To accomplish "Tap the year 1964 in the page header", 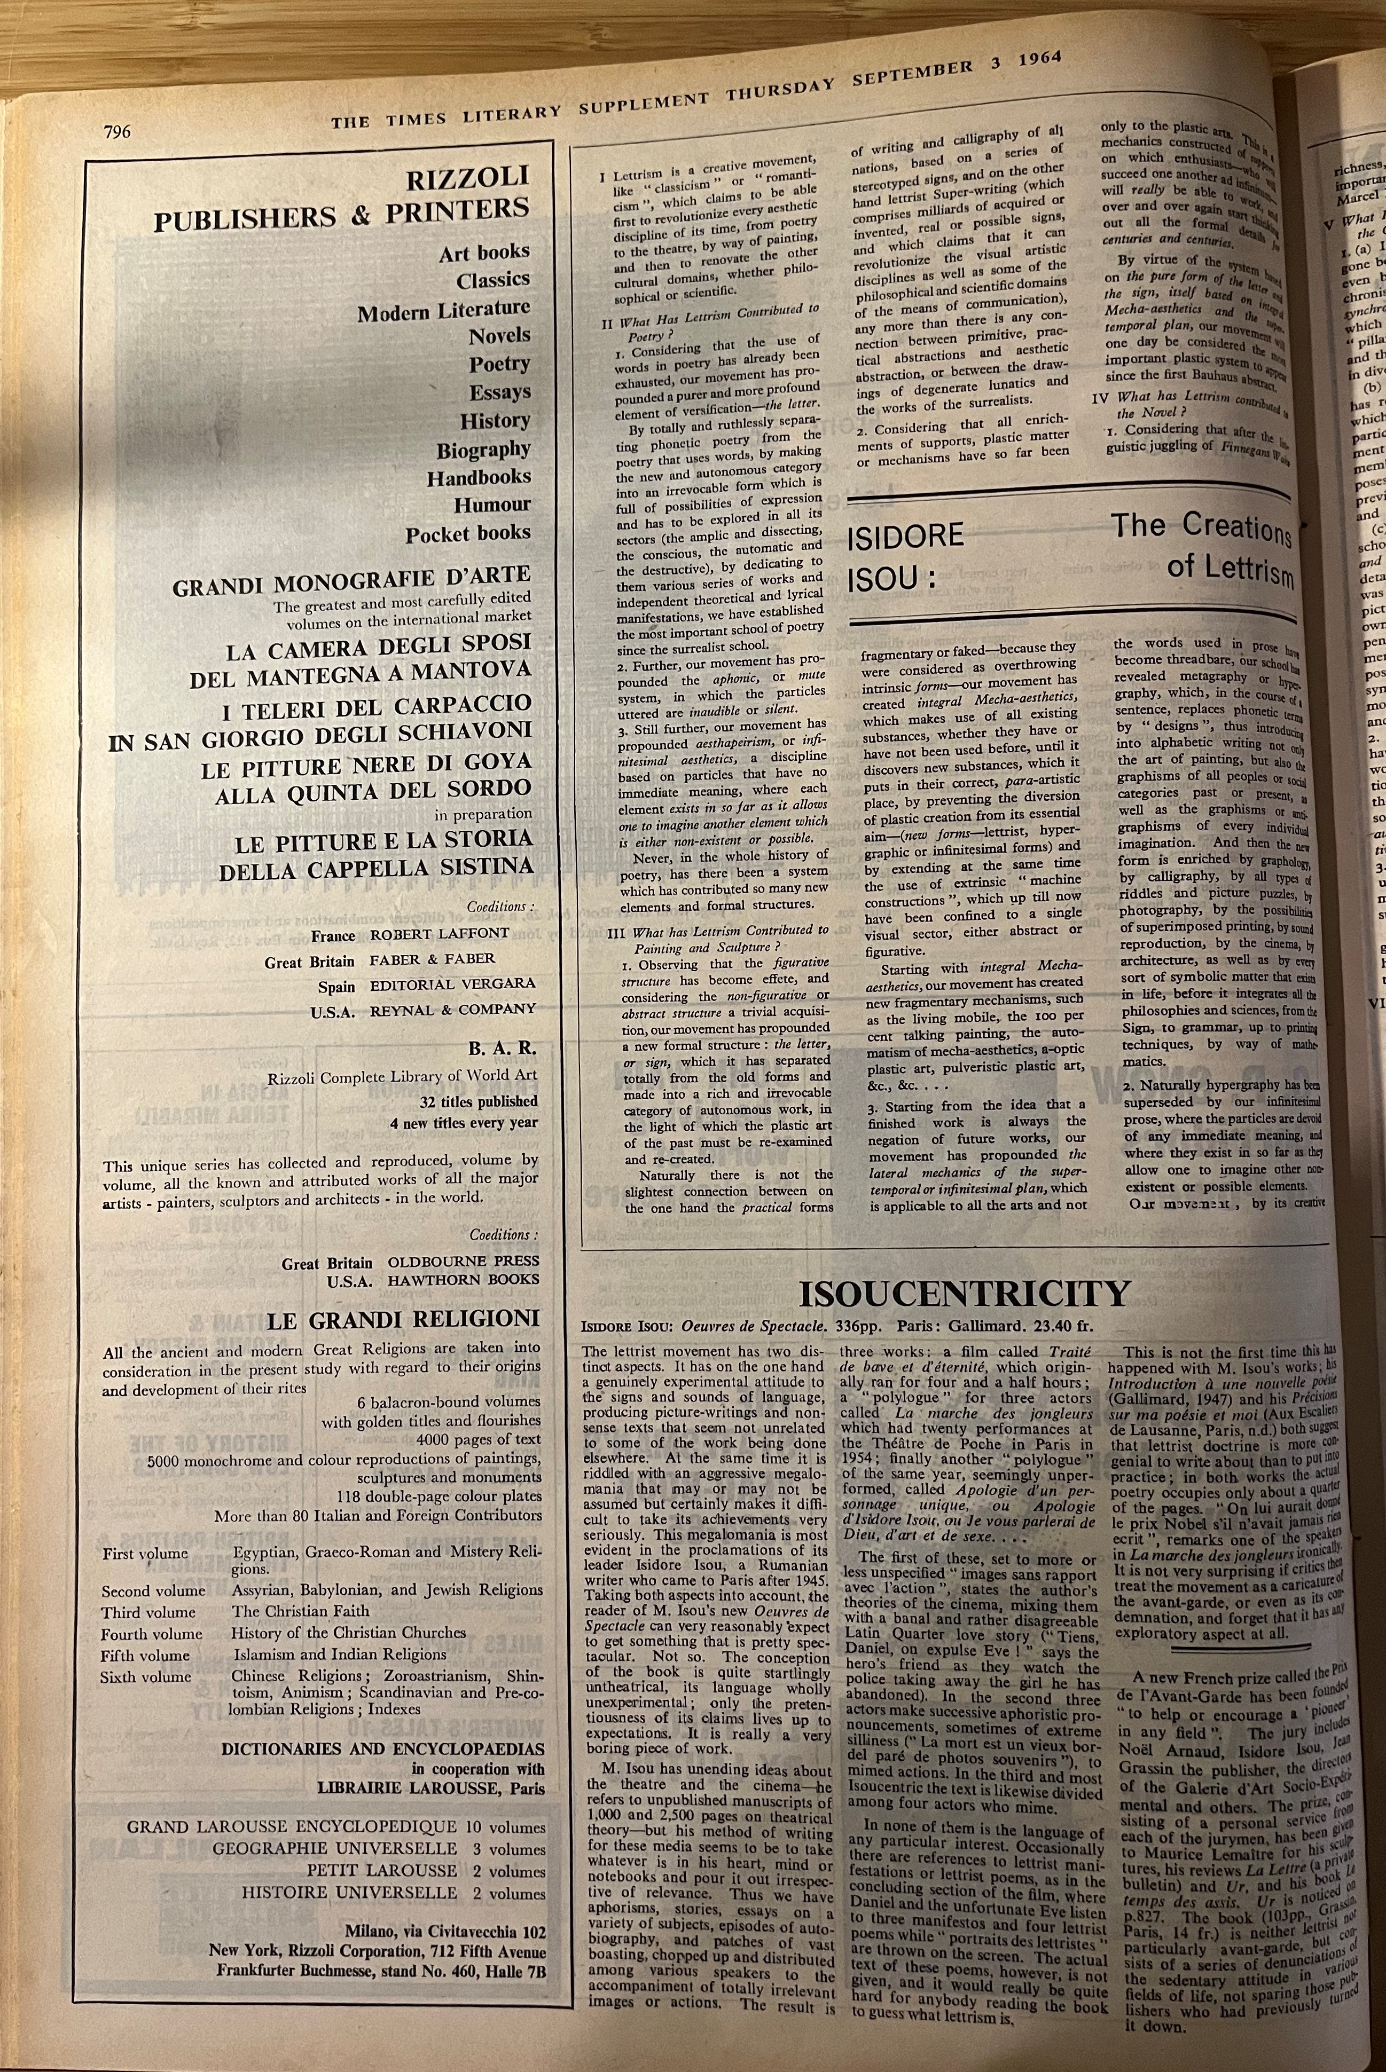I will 1039,60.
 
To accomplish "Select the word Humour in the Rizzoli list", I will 492,506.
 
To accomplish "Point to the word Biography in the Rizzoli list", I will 483,450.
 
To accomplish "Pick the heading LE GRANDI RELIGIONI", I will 403,1320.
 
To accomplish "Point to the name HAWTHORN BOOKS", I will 463,1279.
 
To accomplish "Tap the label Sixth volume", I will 146,1677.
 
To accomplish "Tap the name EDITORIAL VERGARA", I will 452,983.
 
